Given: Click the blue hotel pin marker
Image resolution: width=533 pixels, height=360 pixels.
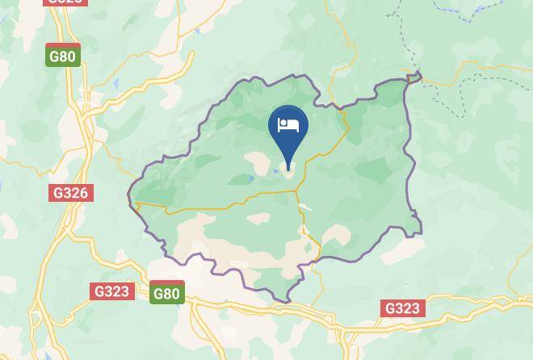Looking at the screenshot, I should (287, 129).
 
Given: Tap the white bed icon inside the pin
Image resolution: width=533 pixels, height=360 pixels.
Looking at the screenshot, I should (287, 125).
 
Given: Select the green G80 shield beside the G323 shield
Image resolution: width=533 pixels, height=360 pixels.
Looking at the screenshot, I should (166, 293).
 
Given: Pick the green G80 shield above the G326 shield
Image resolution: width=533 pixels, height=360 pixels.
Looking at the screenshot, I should (63, 56).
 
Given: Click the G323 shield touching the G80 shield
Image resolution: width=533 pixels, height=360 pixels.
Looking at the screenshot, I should (112, 291).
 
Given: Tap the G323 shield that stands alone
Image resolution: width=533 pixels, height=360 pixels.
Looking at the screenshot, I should (402, 308).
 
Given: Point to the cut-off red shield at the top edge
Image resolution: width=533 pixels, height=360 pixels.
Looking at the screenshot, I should (65, 2).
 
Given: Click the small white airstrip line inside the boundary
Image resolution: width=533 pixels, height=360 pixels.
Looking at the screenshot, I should (305, 207).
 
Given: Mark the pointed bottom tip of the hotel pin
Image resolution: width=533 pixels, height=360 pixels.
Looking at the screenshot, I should (288, 170).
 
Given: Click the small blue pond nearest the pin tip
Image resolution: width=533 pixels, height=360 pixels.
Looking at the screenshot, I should (276, 170).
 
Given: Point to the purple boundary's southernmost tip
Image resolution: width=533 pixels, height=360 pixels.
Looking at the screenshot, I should (287, 303).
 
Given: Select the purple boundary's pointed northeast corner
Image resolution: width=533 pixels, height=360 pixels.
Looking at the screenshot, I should (419, 76).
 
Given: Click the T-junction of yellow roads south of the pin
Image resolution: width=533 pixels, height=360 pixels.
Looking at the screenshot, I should (296, 191).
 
